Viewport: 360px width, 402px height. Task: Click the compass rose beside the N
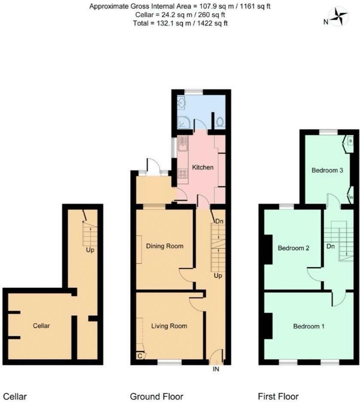(339, 16)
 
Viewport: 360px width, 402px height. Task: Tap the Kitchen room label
(203, 167)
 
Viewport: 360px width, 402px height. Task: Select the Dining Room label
(165, 246)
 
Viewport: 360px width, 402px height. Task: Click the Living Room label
(169, 326)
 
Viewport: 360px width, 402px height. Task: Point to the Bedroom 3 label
(327, 170)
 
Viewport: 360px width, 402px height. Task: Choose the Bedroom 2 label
(293, 248)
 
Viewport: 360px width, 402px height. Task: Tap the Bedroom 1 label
(309, 326)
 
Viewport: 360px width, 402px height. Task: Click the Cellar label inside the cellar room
(41, 326)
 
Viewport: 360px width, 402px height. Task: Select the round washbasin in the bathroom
(182, 103)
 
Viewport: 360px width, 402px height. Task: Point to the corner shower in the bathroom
(184, 122)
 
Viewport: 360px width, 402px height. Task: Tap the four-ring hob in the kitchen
(183, 173)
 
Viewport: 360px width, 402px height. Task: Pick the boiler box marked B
(351, 141)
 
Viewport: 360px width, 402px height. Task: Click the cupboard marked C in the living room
(140, 356)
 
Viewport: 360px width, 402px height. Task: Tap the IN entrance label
(216, 369)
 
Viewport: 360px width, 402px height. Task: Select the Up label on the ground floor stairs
(218, 276)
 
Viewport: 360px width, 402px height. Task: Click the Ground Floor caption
(156, 396)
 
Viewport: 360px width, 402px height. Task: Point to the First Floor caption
(278, 396)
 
